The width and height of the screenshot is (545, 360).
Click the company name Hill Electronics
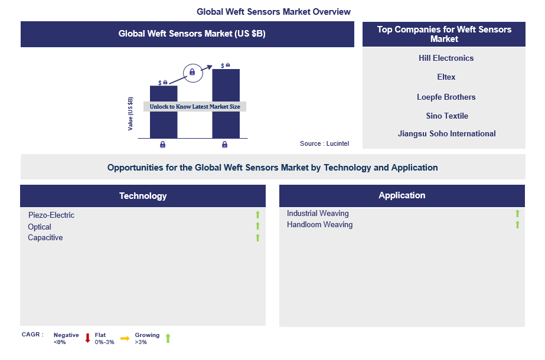[x=446, y=58]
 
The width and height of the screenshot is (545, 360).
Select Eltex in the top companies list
[x=446, y=77]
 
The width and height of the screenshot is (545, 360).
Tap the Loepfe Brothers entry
[x=446, y=97]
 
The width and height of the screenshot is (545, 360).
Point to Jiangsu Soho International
[x=446, y=133]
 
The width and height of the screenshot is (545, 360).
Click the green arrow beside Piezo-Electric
[x=257, y=215]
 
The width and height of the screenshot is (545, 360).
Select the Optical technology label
[x=40, y=227]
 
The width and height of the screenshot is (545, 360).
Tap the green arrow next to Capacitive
[x=257, y=237]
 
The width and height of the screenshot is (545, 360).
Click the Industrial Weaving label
[x=318, y=213]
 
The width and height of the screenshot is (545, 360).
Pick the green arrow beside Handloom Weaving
[x=517, y=224]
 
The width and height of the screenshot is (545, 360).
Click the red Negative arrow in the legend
[x=87, y=338]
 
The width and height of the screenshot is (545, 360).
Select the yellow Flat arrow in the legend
[x=125, y=338]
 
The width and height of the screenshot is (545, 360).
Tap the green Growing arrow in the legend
[x=168, y=338]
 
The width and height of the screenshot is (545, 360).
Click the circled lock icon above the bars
[x=192, y=72]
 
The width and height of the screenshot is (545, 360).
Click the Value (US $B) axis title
[x=130, y=113]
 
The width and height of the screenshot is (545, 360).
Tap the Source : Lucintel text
[x=320, y=144]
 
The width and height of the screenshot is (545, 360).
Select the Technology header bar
[x=143, y=195]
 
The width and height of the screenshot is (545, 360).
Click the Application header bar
[x=402, y=195]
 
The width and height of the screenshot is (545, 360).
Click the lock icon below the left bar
[x=163, y=144]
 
